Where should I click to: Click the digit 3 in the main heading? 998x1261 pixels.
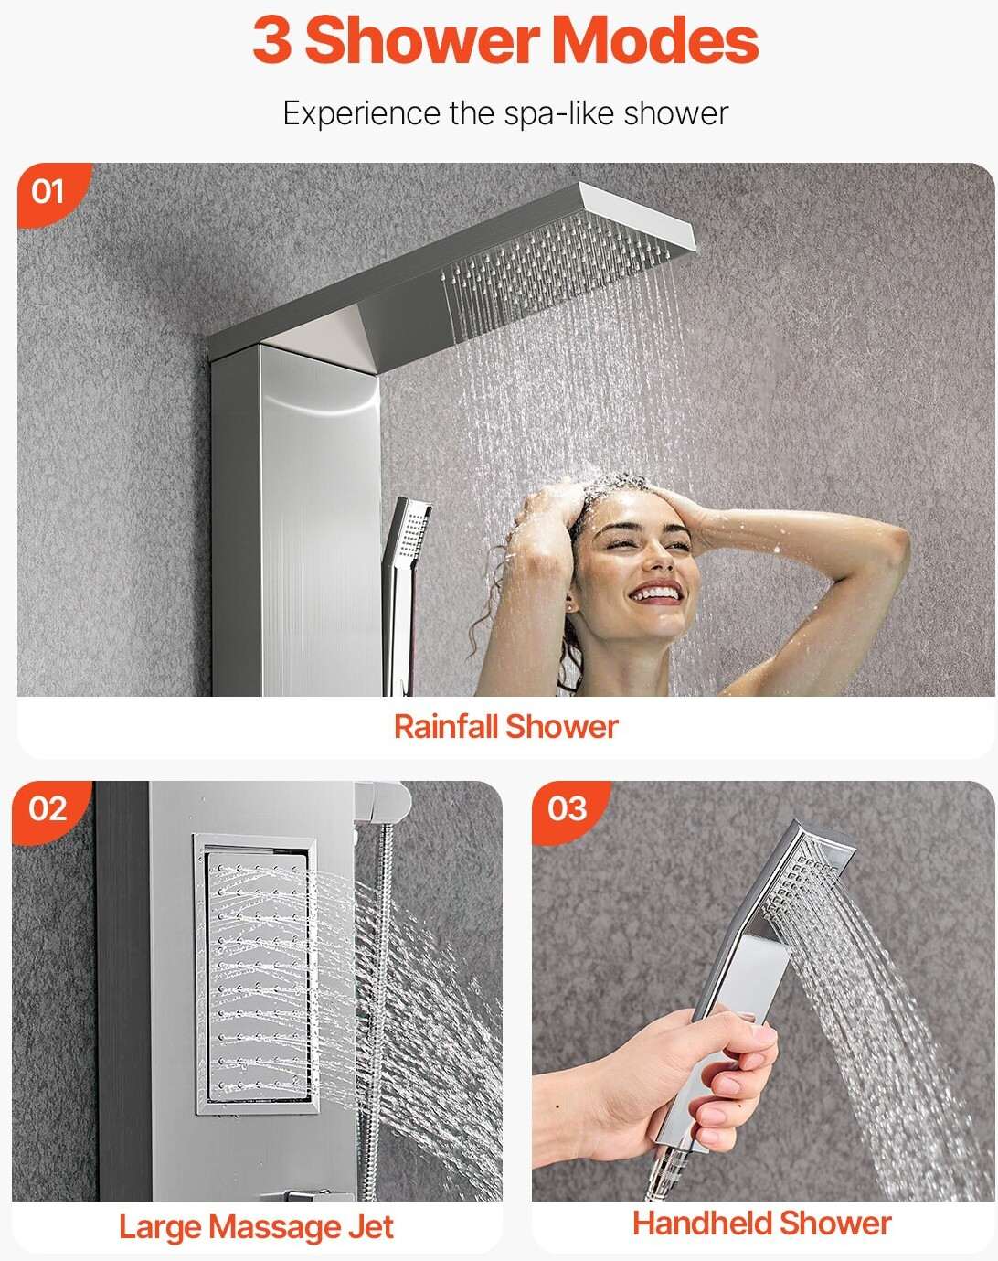pyautogui.click(x=272, y=41)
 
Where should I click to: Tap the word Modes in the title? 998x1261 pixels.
pyautogui.click(x=655, y=41)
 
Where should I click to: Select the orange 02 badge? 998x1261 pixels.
pyautogui.click(x=49, y=810)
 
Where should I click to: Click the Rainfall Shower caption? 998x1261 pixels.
pyautogui.click(x=506, y=727)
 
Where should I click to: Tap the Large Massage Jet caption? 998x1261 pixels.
pyautogui.click(x=256, y=1226)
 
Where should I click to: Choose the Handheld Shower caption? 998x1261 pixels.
pyautogui.click(x=761, y=1223)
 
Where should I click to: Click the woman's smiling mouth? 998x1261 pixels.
pyautogui.click(x=656, y=593)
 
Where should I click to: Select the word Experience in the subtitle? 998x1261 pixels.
pyautogui.click(x=361, y=113)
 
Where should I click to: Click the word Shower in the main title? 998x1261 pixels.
pyautogui.click(x=422, y=41)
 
